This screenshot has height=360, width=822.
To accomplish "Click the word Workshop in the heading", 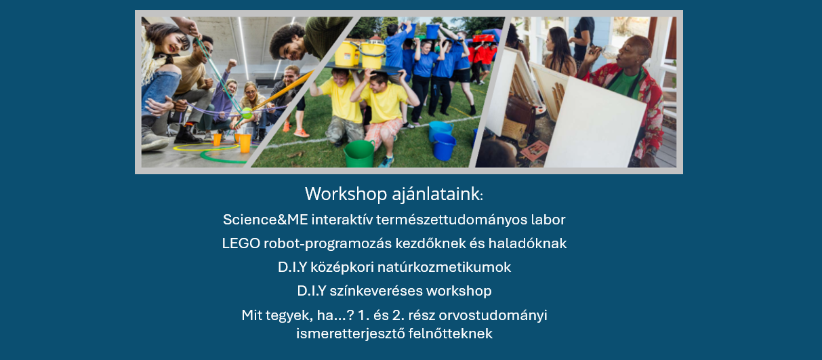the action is pos(346,194).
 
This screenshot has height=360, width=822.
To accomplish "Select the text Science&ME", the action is pos(266,220).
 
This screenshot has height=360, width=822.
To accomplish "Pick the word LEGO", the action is pos(241,243).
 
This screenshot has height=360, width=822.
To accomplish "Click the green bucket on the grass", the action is pos(359,154).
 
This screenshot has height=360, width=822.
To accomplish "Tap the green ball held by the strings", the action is pos(247,113).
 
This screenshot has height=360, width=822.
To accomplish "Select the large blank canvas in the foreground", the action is pos(594,123).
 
